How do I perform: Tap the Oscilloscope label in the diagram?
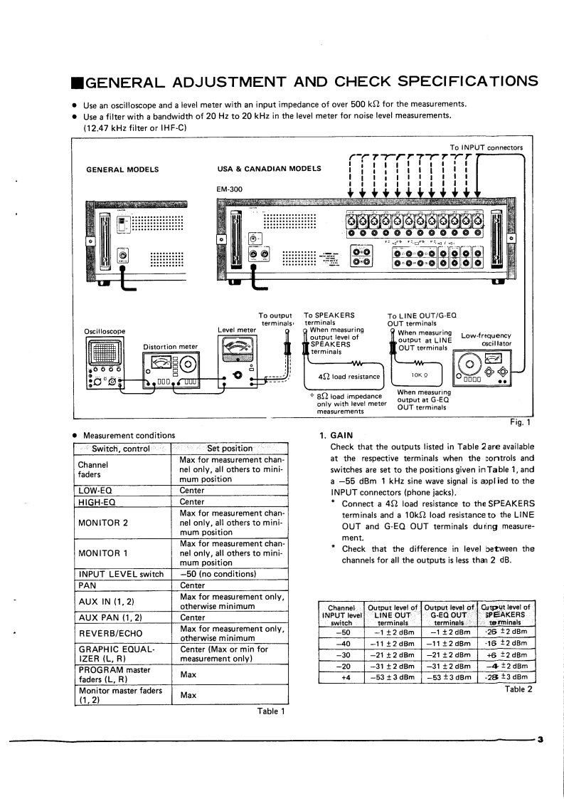(x=105, y=331)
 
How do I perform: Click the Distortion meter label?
(x=171, y=347)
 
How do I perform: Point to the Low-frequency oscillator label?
(x=491, y=340)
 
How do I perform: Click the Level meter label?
(x=237, y=330)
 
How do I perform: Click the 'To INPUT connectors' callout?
(x=486, y=147)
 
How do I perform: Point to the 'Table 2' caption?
(x=518, y=689)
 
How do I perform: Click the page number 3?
(x=541, y=739)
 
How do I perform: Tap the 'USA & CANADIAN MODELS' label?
(x=270, y=169)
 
